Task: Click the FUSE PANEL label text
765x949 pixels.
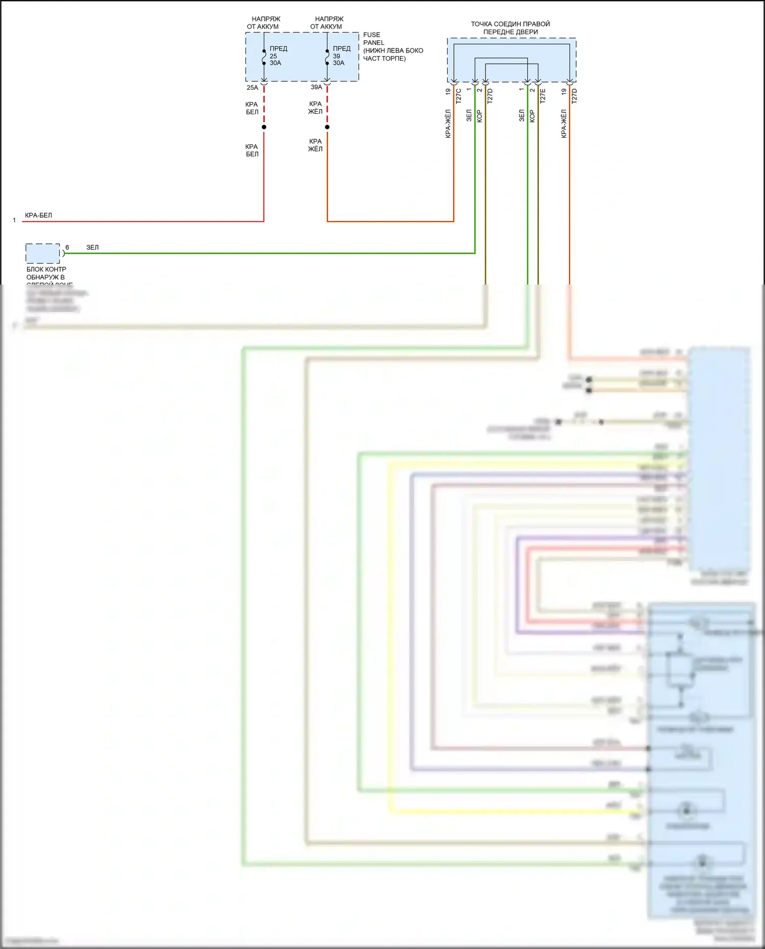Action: [x=373, y=39]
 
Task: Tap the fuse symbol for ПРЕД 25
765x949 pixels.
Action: [x=264, y=57]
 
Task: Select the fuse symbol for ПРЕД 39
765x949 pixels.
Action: [x=327, y=57]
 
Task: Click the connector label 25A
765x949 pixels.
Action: [x=252, y=88]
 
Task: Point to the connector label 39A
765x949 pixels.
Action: [x=316, y=87]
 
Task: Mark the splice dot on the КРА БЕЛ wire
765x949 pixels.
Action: [x=264, y=127]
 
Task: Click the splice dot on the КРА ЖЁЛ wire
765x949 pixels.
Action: [x=327, y=127]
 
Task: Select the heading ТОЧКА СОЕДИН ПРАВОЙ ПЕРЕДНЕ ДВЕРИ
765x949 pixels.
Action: [x=511, y=28]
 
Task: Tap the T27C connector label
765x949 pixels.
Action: [x=458, y=96]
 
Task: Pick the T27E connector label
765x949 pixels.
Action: [x=543, y=96]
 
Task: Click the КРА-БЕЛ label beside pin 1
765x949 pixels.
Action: [x=38, y=215]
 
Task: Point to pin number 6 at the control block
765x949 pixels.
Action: [x=67, y=247]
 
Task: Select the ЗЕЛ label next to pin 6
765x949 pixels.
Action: [x=92, y=247]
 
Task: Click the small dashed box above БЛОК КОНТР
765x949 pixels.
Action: [x=43, y=253]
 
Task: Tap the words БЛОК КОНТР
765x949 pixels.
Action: [x=46, y=269]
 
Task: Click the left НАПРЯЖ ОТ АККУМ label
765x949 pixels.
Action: [x=263, y=22]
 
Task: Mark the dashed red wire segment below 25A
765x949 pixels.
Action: [x=264, y=105]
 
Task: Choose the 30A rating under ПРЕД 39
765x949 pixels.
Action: [x=339, y=63]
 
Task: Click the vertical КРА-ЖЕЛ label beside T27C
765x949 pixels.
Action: [x=448, y=123]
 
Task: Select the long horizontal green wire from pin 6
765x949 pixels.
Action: [x=270, y=253]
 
